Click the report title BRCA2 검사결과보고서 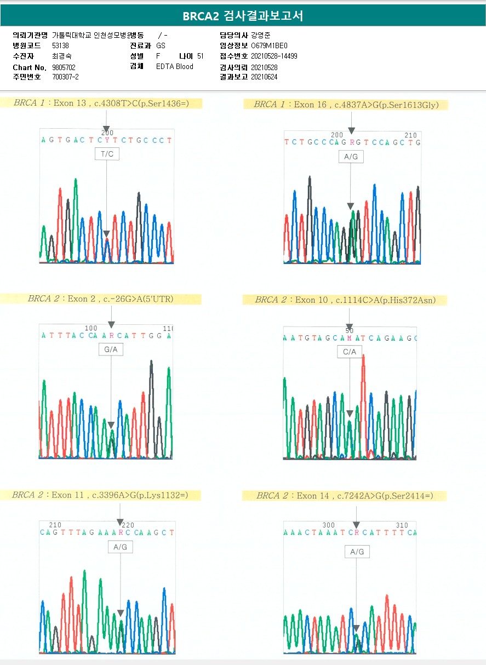coord(243,16)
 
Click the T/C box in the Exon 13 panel coord(106,154)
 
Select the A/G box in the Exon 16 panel coord(351,157)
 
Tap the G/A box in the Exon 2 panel coord(111,349)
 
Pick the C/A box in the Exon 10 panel coord(350,352)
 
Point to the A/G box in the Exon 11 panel coord(120,547)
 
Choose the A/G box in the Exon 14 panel coord(357,552)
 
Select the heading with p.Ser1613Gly coord(345,105)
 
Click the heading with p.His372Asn coord(345,300)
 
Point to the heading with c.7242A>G coord(345,496)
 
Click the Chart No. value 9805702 coord(64,67)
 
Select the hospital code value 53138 coord(60,46)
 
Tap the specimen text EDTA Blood coord(174,67)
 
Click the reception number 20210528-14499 coord(274,56)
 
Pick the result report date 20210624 coord(264,77)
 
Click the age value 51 coord(200,56)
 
